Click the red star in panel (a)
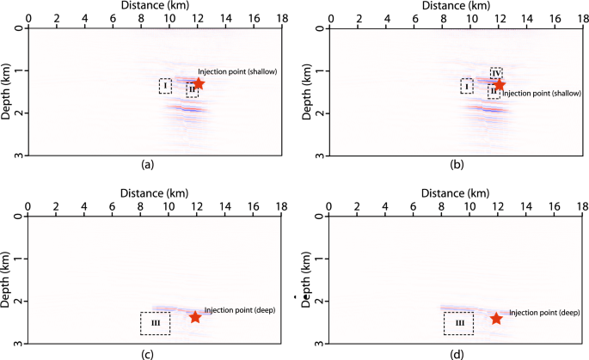pyautogui.click(x=199, y=84)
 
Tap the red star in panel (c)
pyautogui.click(x=195, y=317)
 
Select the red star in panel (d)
pyautogui.click(x=496, y=318)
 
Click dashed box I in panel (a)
pyautogui.click(x=165, y=86)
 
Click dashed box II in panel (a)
pyautogui.click(x=192, y=90)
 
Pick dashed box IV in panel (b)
pyautogui.click(x=496, y=73)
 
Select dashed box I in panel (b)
pyautogui.click(x=466, y=86)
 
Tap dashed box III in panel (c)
pyautogui.click(x=155, y=323)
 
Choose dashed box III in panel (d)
pyautogui.click(x=458, y=323)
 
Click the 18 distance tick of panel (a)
pyautogui.click(x=282, y=17)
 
